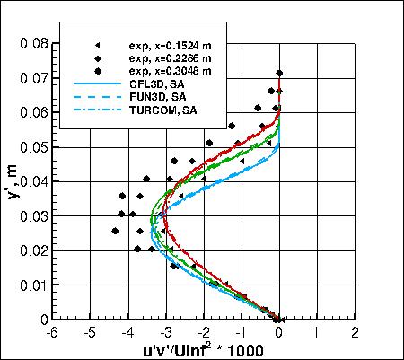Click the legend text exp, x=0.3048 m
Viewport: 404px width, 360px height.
click(171, 70)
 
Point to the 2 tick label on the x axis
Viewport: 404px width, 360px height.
click(356, 332)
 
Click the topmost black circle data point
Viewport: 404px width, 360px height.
click(279, 74)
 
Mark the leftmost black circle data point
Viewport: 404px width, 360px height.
click(115, 231)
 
